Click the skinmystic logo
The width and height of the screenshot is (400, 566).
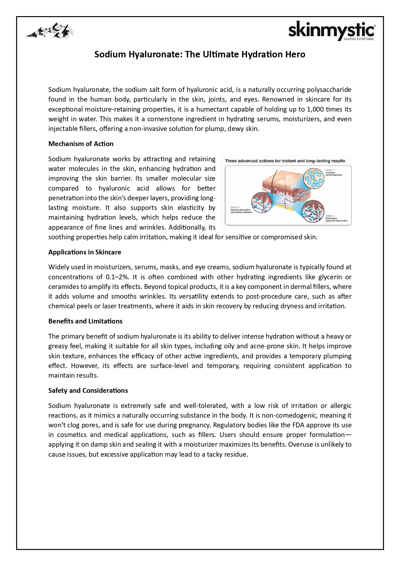[x=332, y=31]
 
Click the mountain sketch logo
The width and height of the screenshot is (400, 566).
[x=50, y=31]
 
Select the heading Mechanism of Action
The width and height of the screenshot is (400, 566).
[x=81, y=144]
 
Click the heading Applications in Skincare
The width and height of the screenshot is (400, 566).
[x=85, y=252]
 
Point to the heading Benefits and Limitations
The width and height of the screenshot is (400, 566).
[x=85, y=321]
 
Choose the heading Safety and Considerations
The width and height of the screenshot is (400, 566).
[x=88, y=391]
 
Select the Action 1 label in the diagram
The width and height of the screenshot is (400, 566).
[x=330, y=170]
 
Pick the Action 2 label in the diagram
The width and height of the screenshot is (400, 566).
[x=235, y=207]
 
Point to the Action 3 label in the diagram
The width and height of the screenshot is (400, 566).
[x=330, y=216]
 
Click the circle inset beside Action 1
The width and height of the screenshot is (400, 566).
[x=314, y=178]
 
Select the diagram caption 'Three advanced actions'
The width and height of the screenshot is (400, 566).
[x=285, y=161]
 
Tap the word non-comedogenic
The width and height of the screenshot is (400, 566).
[x=298, y=415]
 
